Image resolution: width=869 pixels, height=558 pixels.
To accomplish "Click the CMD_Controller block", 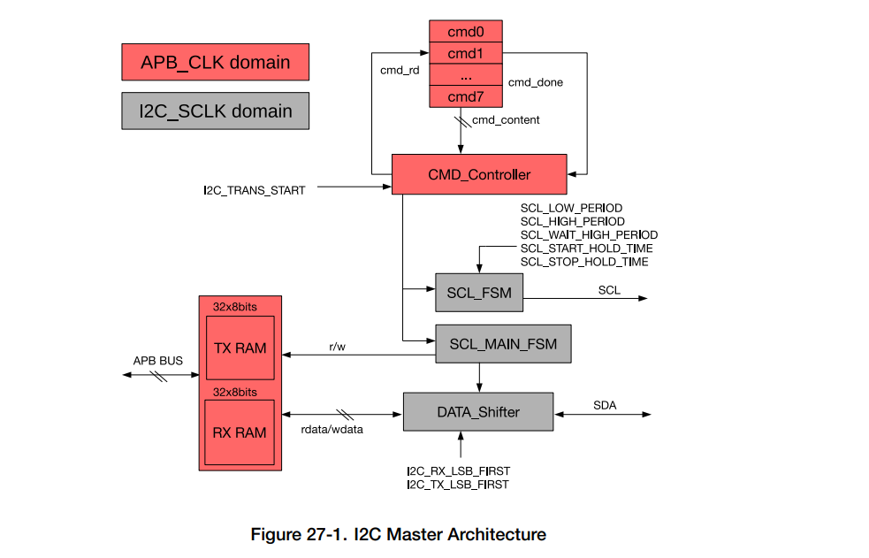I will coord(479,174).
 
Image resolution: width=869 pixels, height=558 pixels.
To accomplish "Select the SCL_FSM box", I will coord(479,293).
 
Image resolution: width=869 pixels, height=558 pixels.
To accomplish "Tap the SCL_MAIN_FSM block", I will coord(503,344).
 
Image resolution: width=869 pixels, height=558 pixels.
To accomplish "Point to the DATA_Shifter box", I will coord(478,412).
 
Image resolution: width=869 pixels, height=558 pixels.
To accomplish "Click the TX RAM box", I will coord(240,348).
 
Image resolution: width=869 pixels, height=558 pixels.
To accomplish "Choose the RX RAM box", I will coord(240,432).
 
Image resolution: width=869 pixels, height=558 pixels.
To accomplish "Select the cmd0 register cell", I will coord(466,32).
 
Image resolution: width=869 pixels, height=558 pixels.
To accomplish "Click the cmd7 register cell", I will coord(466,96).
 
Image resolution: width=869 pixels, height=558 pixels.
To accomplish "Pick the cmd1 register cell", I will coord(466,53).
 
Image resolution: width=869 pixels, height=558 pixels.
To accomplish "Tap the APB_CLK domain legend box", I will coord(215,63).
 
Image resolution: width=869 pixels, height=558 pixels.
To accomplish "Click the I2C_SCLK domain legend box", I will coord(215,111).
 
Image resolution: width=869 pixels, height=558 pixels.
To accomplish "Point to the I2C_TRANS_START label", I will coord(254,190).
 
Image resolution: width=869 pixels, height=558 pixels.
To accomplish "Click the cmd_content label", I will coord(506,119).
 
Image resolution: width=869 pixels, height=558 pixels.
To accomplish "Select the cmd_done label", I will coord(535,82).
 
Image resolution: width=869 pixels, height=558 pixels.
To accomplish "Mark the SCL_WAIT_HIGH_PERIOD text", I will coord(589,235).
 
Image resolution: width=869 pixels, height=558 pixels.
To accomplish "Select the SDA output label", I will coord(605,406).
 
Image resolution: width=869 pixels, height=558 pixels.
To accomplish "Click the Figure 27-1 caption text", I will coord(399,534).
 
